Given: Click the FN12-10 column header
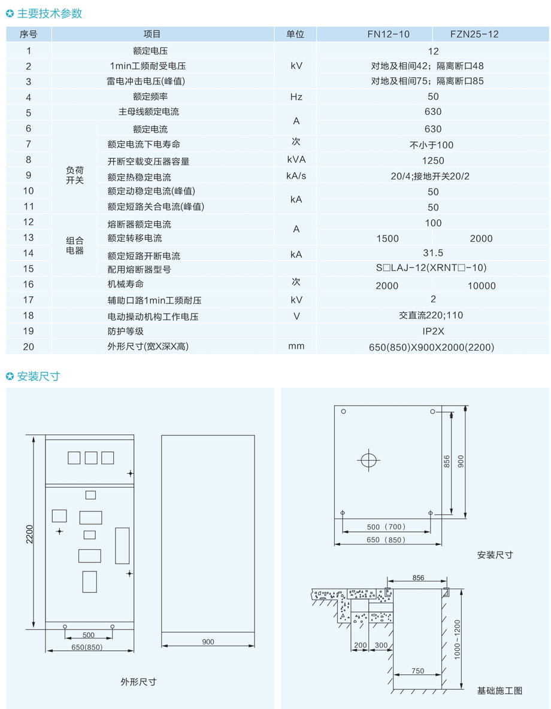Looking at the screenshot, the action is click(x=389, y=34).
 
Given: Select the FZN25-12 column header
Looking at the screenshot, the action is click(x=474, y=34).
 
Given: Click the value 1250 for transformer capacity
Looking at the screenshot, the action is click(x=433, y=161).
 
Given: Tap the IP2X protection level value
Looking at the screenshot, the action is click(x=433, y=331).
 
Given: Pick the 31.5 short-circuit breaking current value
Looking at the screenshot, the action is click(x=433, y=253).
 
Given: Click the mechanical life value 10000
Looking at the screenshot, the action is click(x=482, y=286).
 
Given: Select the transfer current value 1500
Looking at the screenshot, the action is click(x=387, y=239).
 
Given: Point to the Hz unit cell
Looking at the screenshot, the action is click(x=296, y=97).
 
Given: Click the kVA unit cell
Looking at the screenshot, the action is click(x=296, y=160).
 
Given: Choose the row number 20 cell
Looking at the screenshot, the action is click(x=29, y=347).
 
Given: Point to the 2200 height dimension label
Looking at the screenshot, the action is click(x=29, y=534).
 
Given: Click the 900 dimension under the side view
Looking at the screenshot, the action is click(x=208, y=641).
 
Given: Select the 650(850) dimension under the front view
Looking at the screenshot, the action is click(x=87, y=647).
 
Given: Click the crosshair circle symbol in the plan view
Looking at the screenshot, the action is click(x=368, y=460).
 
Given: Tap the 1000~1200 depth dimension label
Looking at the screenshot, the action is click(x=457, y=640).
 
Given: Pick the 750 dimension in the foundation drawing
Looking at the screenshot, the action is click(x=418, y=671).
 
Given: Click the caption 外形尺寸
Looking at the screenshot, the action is click(x=138, y=682).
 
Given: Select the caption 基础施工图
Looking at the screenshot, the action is click(x=500, y=690).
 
